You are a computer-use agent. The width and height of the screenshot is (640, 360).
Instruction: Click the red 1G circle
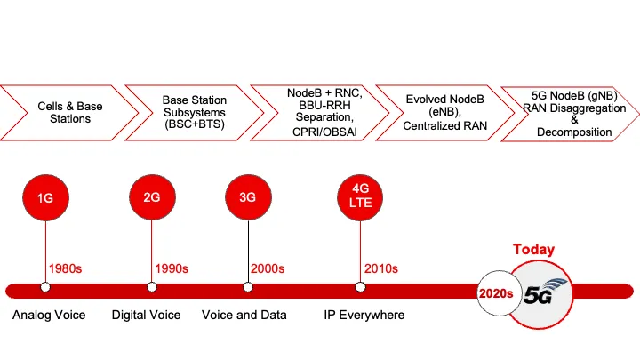click(45, 198)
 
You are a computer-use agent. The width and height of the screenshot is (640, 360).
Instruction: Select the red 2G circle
click(151, 198)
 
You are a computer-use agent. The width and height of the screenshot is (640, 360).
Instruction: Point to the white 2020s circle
click(499, 292)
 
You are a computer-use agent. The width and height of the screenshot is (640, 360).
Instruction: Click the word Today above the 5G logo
click(533, 250)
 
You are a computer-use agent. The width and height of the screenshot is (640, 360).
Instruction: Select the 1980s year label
click(67, 268)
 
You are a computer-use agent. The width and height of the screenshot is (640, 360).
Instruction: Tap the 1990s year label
click(172, 268)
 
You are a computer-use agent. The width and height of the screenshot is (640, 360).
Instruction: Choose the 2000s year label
click(267, 268)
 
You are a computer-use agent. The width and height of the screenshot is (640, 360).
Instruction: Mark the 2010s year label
click(380, 268)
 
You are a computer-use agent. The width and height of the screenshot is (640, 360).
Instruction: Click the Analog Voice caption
click(50, 315)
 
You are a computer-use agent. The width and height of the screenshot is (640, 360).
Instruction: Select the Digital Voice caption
click(146, 315)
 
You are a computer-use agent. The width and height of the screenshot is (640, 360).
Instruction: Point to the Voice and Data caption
click(243, 315)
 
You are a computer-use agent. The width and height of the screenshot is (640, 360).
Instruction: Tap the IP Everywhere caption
click(364, 315)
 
